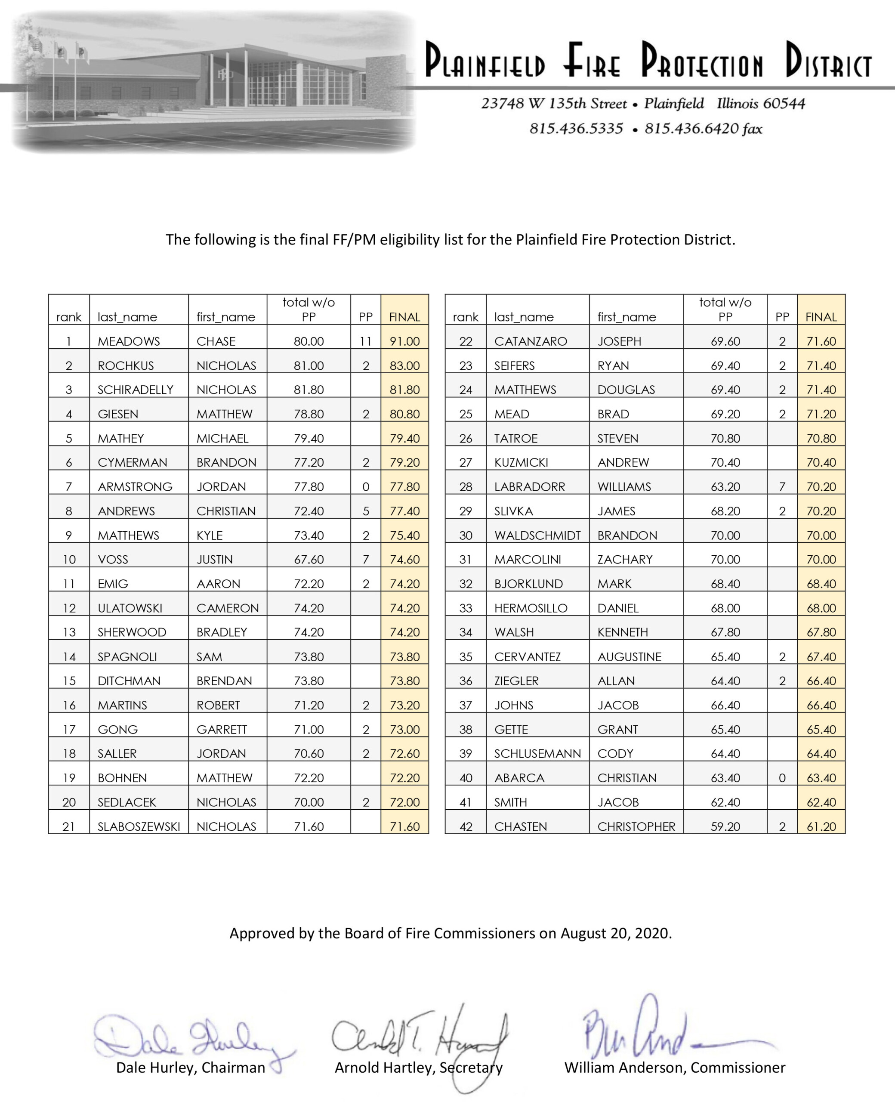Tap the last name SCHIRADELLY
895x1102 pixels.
(x=135, y=390)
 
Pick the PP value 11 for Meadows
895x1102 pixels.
(x=365, y=341)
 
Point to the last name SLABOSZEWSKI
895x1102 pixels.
(x=139, y=826)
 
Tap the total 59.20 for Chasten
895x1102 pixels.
(x=725, y=826)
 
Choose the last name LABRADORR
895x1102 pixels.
(x=530, y=487)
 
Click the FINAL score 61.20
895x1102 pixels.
(x=821, y=826)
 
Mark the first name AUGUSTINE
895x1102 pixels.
(x=629, y=657)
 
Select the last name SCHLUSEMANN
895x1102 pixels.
(x=537, y=754)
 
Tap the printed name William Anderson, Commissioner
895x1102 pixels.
(x=674, y=1068)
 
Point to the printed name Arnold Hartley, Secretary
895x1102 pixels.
(x=418, y=1068)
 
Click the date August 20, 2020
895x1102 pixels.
(x=616, y=933)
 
